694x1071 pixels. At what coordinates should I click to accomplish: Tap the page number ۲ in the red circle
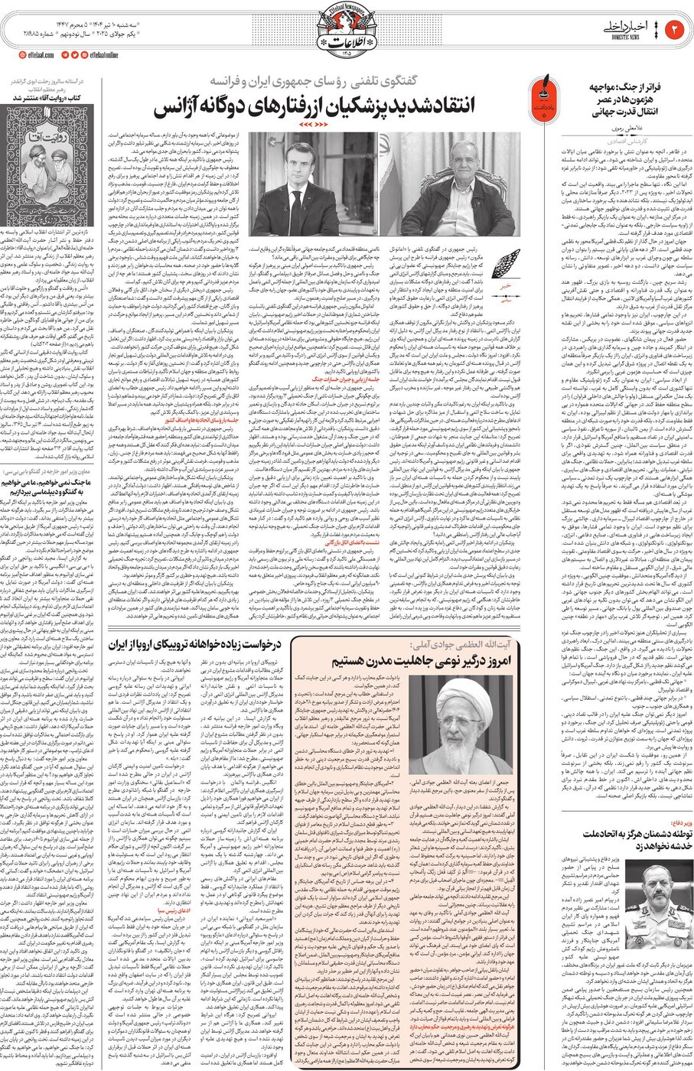[x=676, y=29]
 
